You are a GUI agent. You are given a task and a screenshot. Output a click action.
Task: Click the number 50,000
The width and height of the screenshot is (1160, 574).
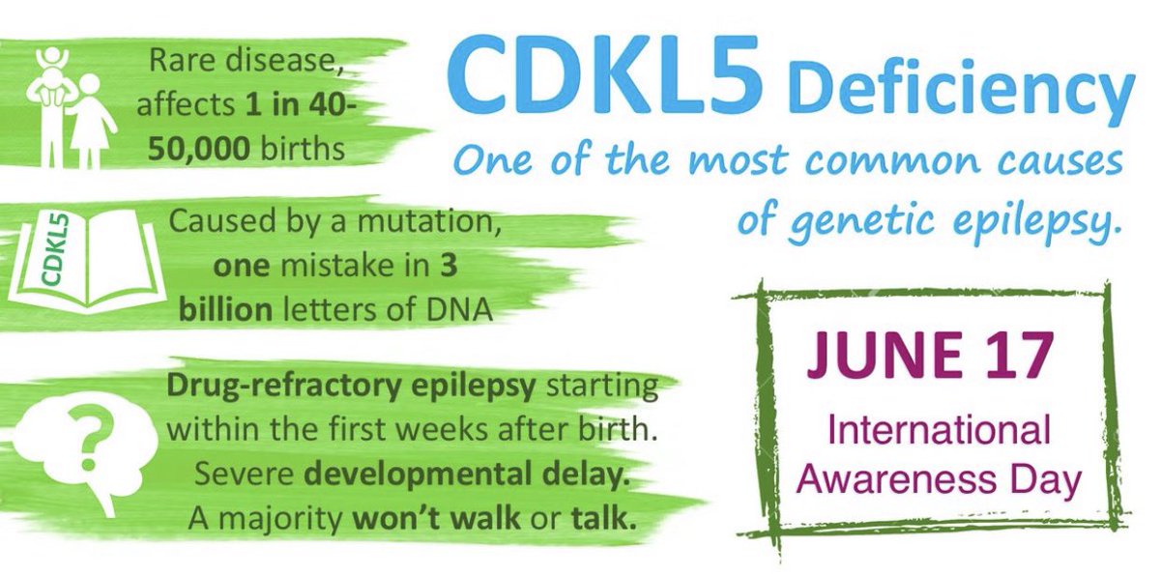coord(199,149)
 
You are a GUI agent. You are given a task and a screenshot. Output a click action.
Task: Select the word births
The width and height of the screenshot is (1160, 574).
coord(303,148)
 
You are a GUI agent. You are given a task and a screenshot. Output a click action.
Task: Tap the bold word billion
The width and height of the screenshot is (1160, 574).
coord(226,309)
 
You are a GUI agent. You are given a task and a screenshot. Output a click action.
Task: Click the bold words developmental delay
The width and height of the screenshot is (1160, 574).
coord(467,475)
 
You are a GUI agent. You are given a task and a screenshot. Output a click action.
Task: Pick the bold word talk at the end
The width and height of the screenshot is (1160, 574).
coord(603,518)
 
